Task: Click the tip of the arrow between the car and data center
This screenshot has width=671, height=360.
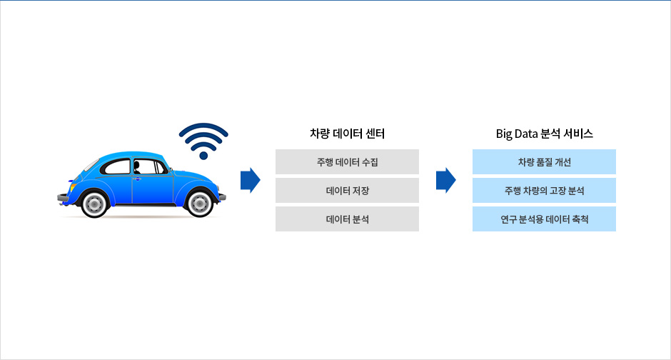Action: (x=260, y=180)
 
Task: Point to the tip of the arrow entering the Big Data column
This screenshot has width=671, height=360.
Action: (x=455, y=180)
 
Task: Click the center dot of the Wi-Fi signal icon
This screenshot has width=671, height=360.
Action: (x=203, y=156)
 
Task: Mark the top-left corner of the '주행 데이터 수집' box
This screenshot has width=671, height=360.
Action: (x=276, y=149)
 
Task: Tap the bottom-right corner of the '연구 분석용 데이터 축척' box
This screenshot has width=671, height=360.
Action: (x=616, y=231)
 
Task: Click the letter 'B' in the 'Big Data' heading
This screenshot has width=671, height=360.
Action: (x=500, y=134)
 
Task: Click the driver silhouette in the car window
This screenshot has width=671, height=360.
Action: (x=136, y=167)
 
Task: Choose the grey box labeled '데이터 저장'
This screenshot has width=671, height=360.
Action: (x=347, y=191)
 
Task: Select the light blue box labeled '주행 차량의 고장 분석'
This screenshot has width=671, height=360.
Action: (x=544, y=191)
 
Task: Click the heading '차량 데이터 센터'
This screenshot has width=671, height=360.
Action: (x=347, y=134)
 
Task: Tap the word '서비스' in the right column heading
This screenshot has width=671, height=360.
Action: (x=578, y=134)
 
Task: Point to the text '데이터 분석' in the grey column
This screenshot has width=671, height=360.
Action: (x=347, y=219)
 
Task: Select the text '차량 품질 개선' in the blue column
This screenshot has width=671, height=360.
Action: (x=545, y=162)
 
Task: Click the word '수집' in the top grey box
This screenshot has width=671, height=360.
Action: (x=370, y=162)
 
